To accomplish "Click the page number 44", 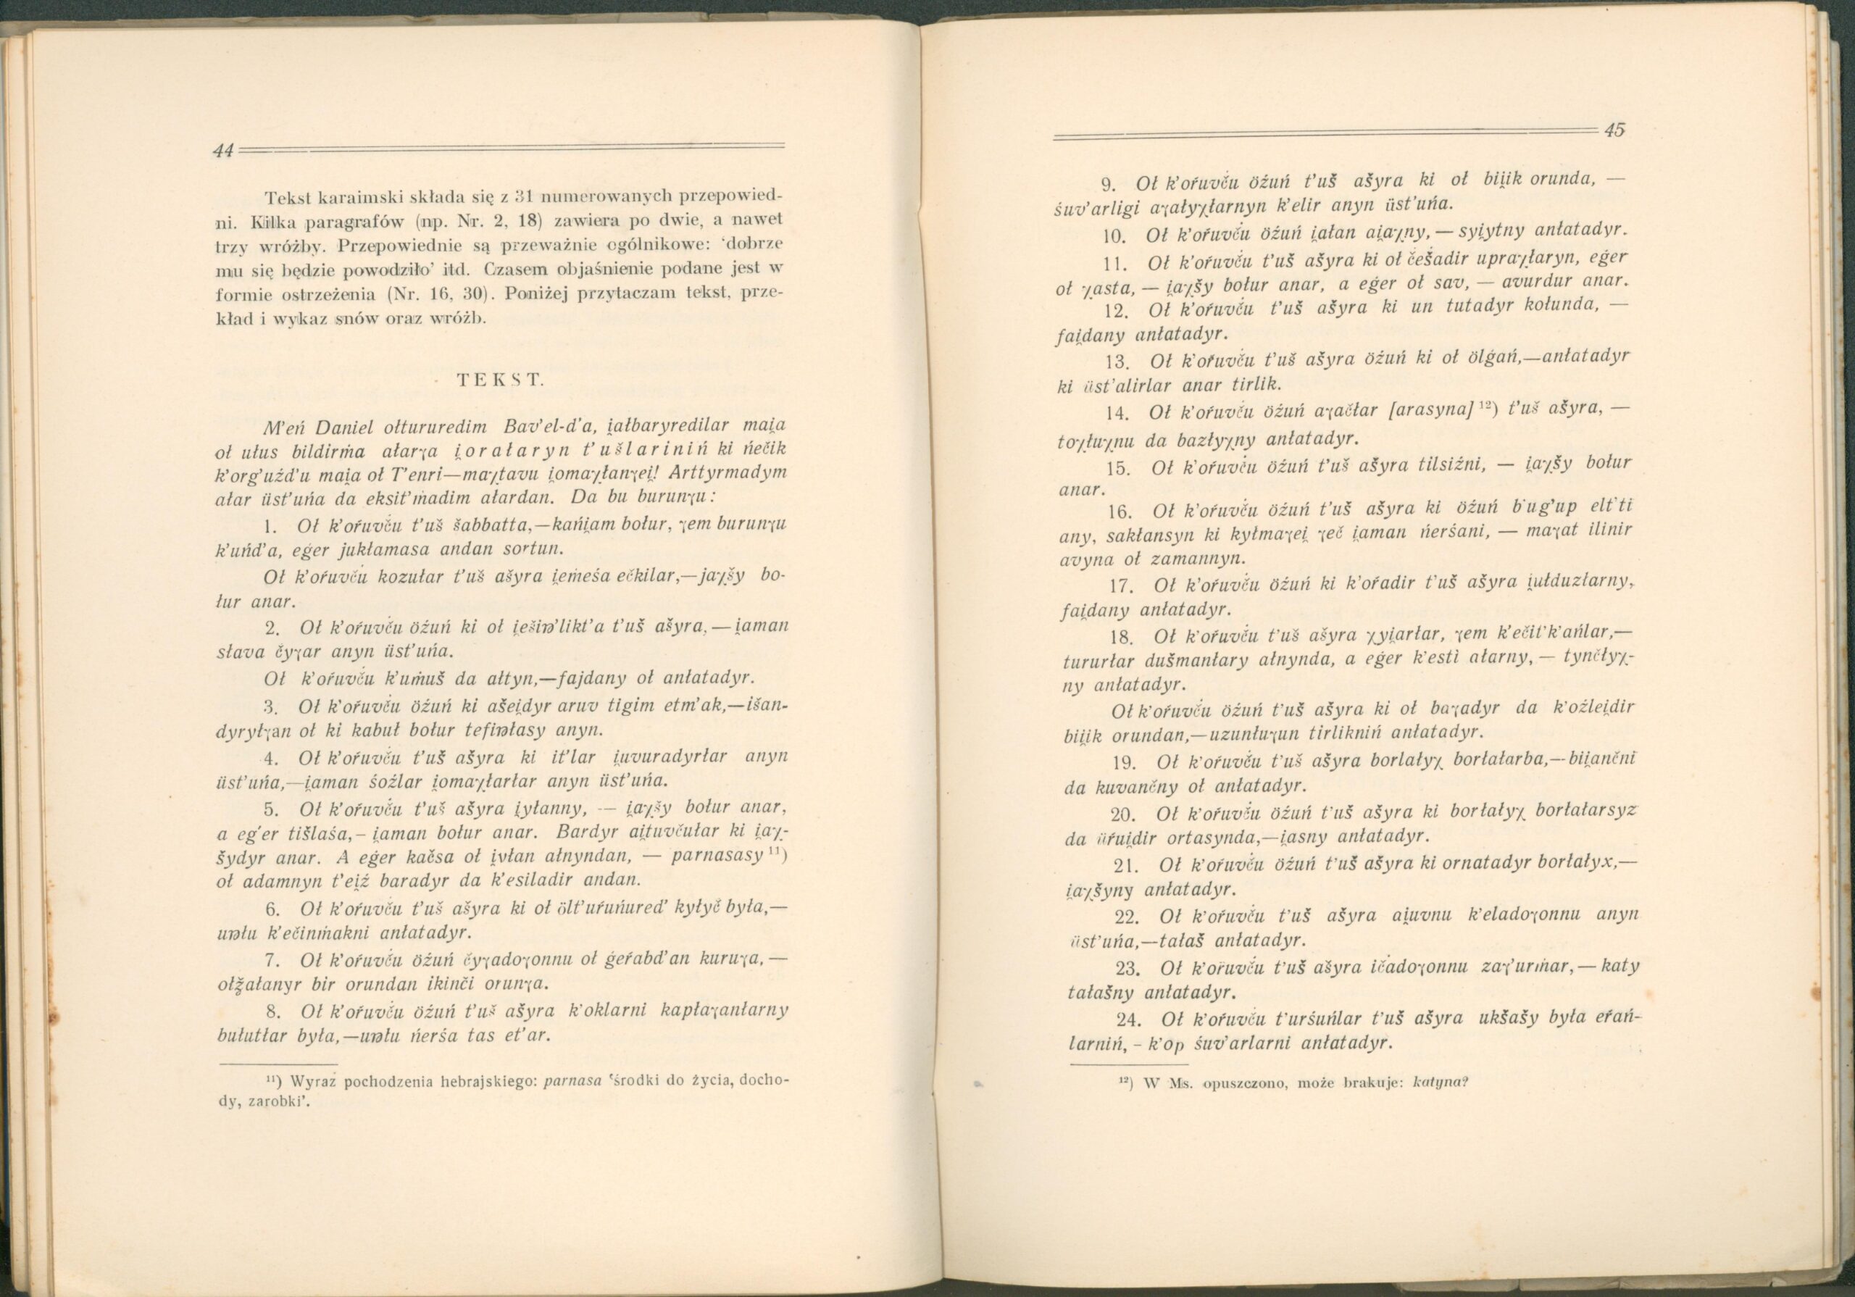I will [x=224, y=149].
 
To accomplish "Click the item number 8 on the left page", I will [x=272, y=1012].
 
